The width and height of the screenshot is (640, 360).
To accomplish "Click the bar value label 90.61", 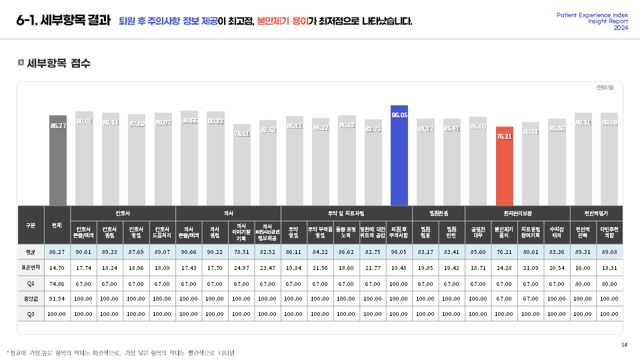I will click(x=84, y=121).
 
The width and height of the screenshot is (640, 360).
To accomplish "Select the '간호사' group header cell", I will click(x=123, y=213).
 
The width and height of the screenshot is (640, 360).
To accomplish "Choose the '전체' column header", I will click(x=57, y=225).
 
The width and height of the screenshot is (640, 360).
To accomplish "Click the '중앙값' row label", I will click(x=30, y=298).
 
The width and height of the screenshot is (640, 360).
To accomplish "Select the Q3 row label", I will click(x=30, y=313).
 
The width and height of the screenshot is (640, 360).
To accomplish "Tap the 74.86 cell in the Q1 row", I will click(x=57, y=283).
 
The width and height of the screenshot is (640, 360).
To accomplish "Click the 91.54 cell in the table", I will click(x=57, y=298).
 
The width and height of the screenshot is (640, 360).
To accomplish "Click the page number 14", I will click(x=624, y=345).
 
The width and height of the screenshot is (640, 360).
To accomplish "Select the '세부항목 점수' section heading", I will click(x=58, y=63).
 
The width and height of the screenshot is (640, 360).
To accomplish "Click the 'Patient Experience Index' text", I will click(x=592, y=15).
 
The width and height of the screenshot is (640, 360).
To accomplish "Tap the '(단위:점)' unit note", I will click(x=605, y=87).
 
